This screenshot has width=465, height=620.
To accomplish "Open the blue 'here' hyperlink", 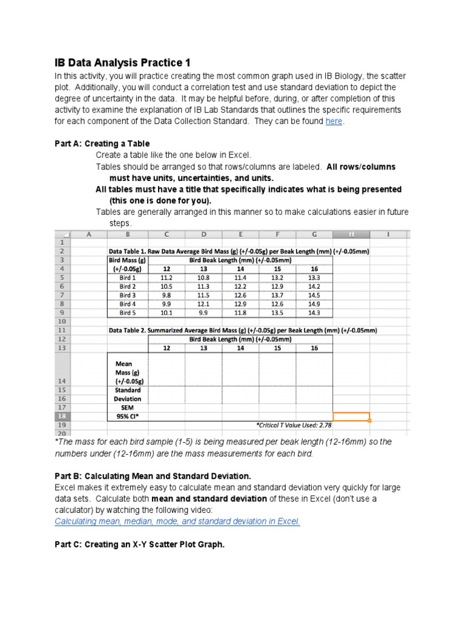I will (334, 122).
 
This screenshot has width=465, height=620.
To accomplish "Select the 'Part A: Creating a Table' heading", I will (101, 143).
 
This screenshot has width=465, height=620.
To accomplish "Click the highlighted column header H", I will (351, 234).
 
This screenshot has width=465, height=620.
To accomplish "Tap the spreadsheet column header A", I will (89, 234).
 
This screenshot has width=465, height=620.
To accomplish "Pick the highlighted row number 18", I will (63, 417).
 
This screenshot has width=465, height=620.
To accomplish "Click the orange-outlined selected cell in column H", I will (351, 417).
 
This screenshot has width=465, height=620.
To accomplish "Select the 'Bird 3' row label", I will (127, 295).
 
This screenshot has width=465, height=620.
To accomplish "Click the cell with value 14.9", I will (314, 304).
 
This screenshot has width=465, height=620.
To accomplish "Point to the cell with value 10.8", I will (203, 277).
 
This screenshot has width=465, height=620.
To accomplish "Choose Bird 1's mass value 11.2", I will (167, 277).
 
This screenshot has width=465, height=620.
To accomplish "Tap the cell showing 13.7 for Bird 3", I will (277, 295).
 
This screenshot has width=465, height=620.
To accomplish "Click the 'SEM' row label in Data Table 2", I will (127, 407).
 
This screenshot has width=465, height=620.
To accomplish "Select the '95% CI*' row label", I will (127, 417).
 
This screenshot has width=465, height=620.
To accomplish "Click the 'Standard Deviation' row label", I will (127, 394).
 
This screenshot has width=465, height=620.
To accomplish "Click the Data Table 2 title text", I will (242, 331).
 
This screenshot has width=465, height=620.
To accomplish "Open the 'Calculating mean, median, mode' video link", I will (177, 521).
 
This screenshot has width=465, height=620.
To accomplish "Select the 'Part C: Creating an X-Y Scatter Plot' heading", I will (139, 544).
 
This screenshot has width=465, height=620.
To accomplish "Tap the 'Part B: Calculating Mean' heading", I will (152, 476).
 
